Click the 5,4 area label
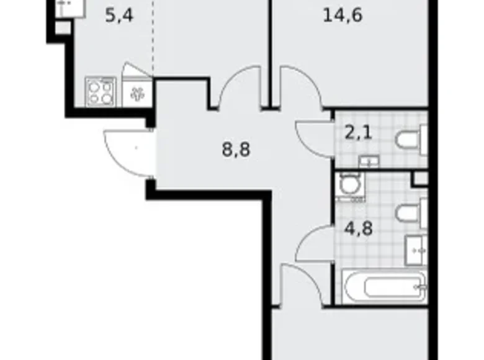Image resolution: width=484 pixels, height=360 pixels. point(120,16)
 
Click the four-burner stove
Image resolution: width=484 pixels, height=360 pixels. point(101,92)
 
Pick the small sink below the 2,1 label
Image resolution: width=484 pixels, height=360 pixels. point(369,162)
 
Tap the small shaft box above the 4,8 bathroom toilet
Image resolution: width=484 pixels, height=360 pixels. point(421,178)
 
